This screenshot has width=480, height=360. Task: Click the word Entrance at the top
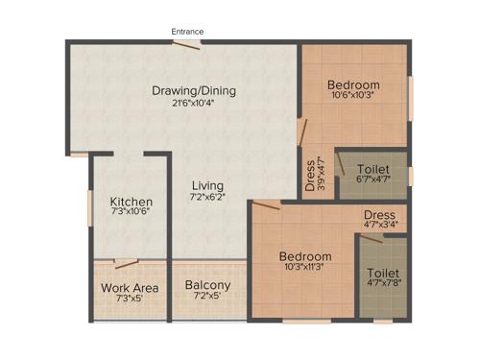point(187,32)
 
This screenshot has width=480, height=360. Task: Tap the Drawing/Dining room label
point(193,91)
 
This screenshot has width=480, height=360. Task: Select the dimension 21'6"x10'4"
point(193,103)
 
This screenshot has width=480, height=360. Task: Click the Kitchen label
point(131,202)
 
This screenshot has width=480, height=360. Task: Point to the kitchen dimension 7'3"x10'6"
point(131,213)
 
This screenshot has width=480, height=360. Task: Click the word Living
point(207,185)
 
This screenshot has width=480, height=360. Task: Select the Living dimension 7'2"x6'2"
point(207,197)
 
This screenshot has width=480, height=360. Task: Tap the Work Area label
point(130,287)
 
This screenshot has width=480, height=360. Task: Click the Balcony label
point(208,285)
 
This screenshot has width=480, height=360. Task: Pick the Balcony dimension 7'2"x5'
point(208,298)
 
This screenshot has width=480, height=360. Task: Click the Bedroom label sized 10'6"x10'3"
point(353,84)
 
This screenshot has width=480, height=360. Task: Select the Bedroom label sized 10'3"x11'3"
point(305,256)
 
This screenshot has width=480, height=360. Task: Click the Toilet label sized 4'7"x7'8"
point(383,272)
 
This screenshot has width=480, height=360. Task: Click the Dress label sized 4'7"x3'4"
point(381,214)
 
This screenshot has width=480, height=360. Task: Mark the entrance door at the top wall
point(187,43)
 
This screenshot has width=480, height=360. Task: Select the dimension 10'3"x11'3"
point(305,269)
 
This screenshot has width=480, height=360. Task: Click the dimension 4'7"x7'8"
point(383,284)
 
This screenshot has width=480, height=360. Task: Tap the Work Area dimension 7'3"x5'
point(130,300)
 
